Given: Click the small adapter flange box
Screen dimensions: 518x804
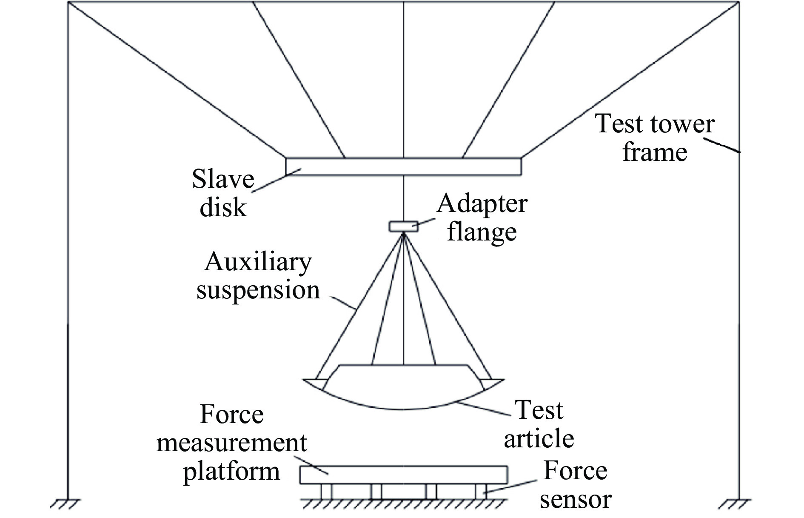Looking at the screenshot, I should [x=403, y=226].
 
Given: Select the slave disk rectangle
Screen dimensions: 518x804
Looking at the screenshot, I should [x=403, y=166].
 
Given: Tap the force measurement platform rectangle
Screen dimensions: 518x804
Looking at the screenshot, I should [x=403, y=475].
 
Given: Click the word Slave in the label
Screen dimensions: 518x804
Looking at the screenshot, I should [x=223, y=179].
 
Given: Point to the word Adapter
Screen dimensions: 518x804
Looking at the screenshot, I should [x=482, y=205].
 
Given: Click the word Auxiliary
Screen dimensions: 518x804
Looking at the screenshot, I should [x=258, y=263].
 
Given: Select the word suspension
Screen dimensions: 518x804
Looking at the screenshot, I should [x=258, y=291].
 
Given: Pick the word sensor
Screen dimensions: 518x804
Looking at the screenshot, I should [x=576, y=499].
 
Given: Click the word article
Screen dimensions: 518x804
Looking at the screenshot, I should [x=539, y=438].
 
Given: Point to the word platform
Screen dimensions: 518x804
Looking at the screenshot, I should [x=232, y=471].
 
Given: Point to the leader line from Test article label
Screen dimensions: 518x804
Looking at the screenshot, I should [x=485, y=409].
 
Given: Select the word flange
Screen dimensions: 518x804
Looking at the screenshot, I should [x=482, y=232].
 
